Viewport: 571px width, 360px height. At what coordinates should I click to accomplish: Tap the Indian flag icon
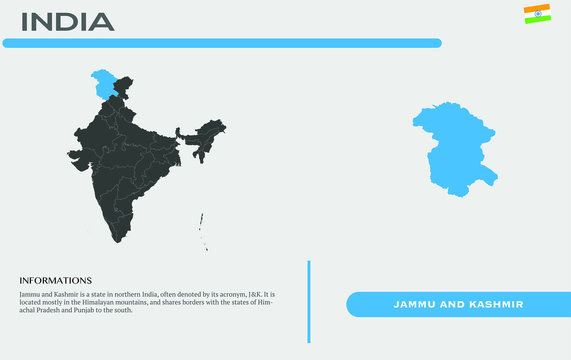tap(536, 13)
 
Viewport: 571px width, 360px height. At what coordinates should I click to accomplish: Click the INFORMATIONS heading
tap(55, 280)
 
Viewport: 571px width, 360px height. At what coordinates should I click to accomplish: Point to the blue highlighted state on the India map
tap(102, 82)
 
